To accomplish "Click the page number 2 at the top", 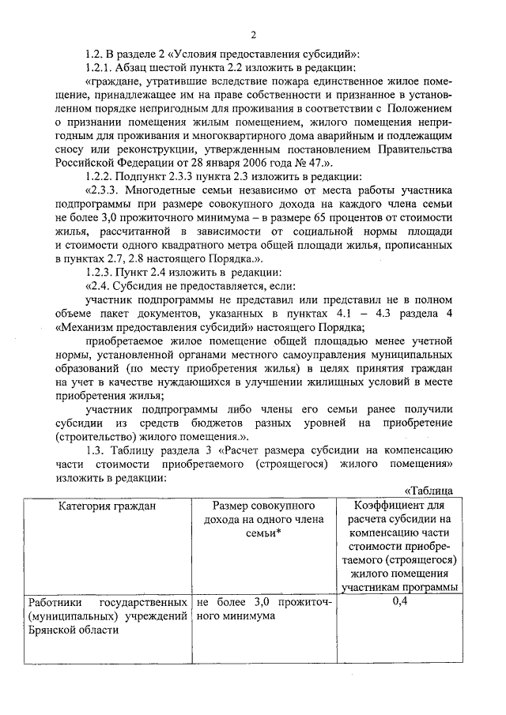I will click(253, 35).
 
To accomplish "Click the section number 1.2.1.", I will click(103, 68).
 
